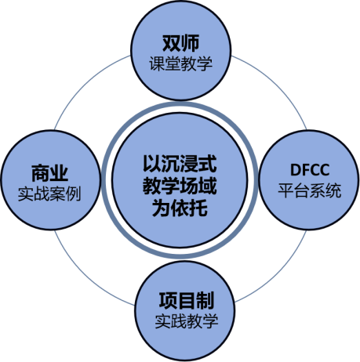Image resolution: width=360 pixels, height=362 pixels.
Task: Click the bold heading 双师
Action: coord(181,43)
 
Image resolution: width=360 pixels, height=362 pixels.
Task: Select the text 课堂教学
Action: coord(181,63)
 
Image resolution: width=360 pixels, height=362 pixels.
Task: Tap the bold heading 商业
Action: coord(50,173)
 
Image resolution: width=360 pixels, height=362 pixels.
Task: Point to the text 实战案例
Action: coord(49,194)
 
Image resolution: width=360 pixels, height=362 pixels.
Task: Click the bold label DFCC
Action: coord(310,170)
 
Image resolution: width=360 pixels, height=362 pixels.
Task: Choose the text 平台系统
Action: coord(310,190)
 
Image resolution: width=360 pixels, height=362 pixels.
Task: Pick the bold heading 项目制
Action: coord(187,300)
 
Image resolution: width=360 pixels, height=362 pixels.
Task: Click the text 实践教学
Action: coord(187,321)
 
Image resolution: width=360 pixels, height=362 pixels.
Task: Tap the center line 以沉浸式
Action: coord(180,164)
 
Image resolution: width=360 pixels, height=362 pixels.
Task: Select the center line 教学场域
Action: coord(180,186)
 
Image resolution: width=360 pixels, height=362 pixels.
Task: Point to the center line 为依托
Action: coord(180,208)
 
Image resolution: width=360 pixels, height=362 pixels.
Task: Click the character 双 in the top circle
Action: coord(172,43)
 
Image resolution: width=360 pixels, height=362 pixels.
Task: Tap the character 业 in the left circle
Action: coord(60,173)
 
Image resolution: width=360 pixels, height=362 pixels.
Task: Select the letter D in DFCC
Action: coord(296,170)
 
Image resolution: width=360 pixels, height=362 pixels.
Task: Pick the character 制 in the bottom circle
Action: coord(205,300)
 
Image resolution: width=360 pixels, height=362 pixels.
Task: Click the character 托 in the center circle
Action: coord(198,208)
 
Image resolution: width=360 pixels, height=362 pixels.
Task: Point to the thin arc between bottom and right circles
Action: coord(278,273)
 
